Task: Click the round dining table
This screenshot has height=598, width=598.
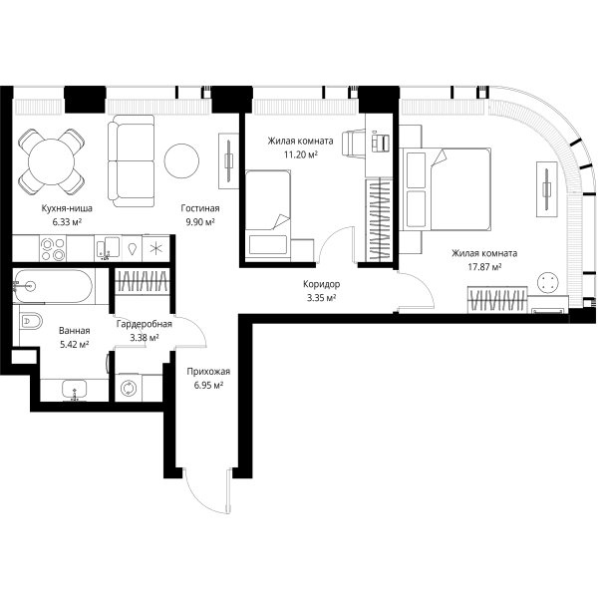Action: pyautogui.click(x=52, y=161)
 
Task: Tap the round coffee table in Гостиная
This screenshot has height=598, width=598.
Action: pyautogui.click(x=181, y=160)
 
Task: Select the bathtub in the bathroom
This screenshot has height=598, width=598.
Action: pyautogui.click(x=52, y=286)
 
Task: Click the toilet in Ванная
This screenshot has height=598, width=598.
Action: pyautogui.click(x=30, y=321)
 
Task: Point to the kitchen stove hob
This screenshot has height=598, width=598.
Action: pyautogui.click(x=53, y=248)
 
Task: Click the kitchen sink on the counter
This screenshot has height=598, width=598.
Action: pyautogui.click(x=108, y=248)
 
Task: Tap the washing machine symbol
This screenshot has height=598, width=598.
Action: pyautogui.click(x=128, y=388)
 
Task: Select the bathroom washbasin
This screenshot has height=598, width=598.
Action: pyautogui.click(x=75, y=390)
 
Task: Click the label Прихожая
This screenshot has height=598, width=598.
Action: pyautogui.click(x=208, y=371)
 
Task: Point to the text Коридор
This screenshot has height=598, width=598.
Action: pyautogui.click(x=322, y=284)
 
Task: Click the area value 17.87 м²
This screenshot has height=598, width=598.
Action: pyautogui.click(x=484, y=267)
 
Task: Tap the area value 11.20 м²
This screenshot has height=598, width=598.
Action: pyautogui.click(x=301, y=154)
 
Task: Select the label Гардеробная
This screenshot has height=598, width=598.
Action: pyautogui.click(x=145, y=324)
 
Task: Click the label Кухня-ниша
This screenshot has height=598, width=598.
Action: pyautogui.click(x=67, y=208)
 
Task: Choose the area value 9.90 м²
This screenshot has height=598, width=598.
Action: pyautogui.click(x=200, y=222)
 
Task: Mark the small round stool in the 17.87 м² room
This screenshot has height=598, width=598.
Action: pyautogui.click(x=547, y=282)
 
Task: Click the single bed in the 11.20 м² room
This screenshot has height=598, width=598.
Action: pyautogui.click(x=268, y=215)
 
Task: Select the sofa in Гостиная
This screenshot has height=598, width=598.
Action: pyautogui.click(x=131, y=160)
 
